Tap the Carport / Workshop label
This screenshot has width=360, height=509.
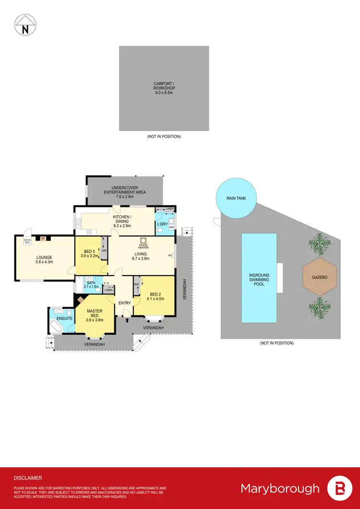tap(164, 88)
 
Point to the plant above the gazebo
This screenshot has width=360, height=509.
tap(320, 243)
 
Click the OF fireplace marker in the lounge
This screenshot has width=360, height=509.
tap(43, 238)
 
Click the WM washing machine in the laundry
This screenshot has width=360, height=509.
tap(171, 227)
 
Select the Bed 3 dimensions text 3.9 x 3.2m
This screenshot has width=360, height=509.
tap(91, 256)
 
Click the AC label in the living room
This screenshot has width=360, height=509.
tap(170, 255)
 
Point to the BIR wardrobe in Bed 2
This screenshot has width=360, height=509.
tap(137, 285)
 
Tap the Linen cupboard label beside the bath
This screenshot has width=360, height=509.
tap(109, 290)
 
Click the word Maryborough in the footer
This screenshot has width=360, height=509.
tap(280, 488)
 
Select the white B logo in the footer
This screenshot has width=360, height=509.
tap(339, 488)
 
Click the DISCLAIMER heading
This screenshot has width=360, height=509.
tap(28, 478)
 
